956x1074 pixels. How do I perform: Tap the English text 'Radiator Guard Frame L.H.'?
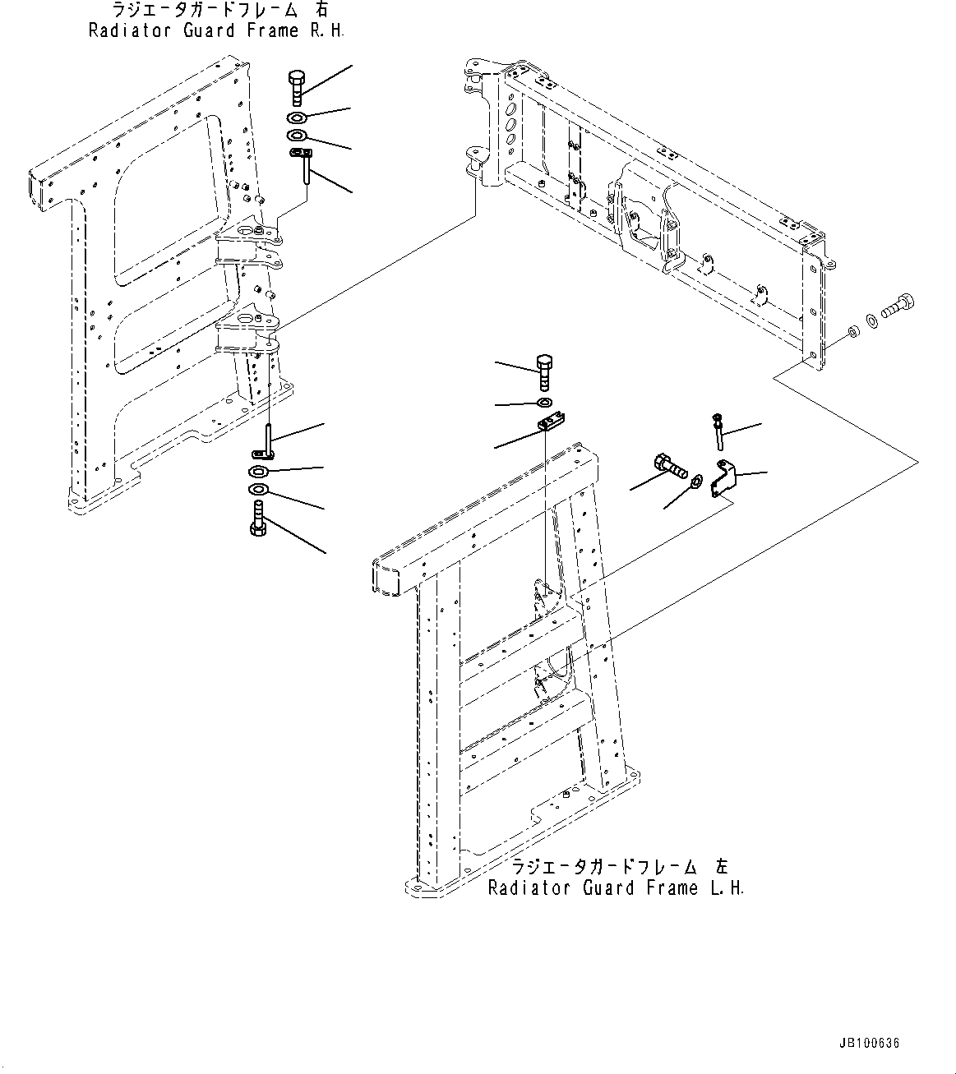pyautogui.click(x=616, y=888)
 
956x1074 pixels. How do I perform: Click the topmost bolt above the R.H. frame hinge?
pyautogui.click(x=298, y=87)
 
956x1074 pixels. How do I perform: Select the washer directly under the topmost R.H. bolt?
pyautogui.click(x=298, y=118)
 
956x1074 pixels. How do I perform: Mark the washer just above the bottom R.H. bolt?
pyautogui.click(x=257, y=491)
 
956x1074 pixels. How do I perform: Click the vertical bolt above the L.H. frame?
pyautogui.click(x=544, y=372)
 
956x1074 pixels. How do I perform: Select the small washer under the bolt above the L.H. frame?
pyautogui.click(x=544, y=403)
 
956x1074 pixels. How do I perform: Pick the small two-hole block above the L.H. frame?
pyautogui.click(x=550, y=423)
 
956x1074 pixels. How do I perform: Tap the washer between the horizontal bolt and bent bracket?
pyautogui.click(x=696, y=481)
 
